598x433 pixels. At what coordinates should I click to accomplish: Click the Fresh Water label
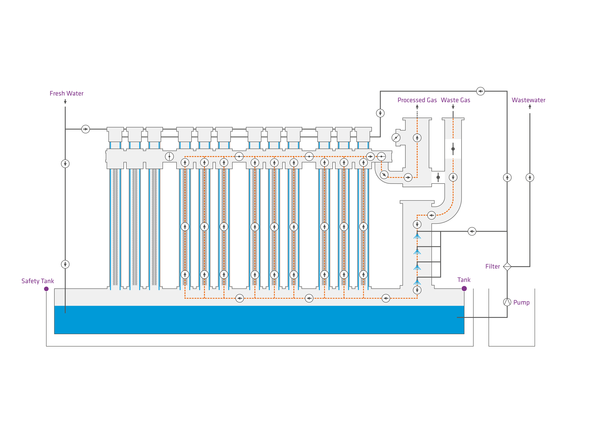[x=66, y=93]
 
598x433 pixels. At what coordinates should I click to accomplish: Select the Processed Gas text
[x=417, y=100]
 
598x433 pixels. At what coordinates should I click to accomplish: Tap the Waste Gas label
[x=455, y=100]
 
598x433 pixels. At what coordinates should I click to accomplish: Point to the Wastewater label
[x=528, y=100]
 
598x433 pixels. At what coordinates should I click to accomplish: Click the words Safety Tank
[x=38, y=281]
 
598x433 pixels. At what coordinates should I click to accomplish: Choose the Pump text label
[x=521, y=302]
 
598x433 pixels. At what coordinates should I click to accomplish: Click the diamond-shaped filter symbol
[x=507, y=267]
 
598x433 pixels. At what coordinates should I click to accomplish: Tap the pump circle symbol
[x=507, y=302]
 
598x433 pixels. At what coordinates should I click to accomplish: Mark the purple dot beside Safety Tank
[x=46, y=289]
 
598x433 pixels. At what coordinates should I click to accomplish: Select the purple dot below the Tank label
[x=464, y=289]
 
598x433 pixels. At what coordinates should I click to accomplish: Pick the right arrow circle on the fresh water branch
[x=85, y=129]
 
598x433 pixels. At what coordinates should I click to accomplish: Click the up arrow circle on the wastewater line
[x=530, y=177]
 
